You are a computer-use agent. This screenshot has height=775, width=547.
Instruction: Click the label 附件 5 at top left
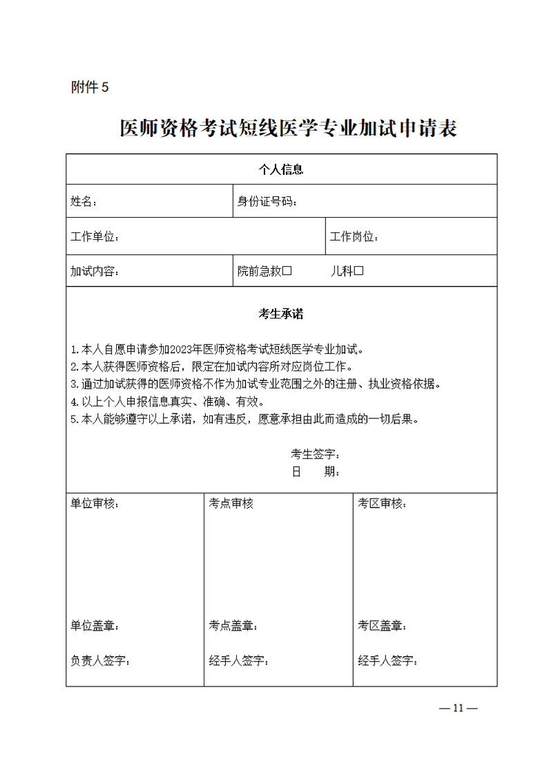point(90,87)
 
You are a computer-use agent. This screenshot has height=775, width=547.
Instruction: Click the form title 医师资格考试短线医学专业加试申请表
point(288,129)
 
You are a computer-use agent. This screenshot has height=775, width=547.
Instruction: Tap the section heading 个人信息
point(281,169)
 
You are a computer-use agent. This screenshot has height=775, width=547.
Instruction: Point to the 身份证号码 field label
point(267,201)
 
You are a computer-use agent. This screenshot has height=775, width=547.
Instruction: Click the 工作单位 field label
point(95,236)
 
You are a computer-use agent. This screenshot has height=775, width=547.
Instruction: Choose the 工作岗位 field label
point(354,236)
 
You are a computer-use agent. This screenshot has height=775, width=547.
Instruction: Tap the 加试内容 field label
point(95,271)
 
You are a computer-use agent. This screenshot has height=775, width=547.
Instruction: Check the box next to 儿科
point(358,271)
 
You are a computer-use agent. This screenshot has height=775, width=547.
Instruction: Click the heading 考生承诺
point(281,314)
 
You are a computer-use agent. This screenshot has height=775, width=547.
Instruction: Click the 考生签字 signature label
point(315,454)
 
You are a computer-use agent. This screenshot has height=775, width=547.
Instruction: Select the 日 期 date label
point(315,471)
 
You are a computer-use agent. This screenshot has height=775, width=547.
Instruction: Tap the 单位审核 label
point(94,503)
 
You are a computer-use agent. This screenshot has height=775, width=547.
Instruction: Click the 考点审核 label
point(231,503)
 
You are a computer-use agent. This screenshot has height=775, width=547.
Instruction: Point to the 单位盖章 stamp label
point(94,626)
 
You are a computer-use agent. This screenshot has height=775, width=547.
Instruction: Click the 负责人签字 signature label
point(99,660)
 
